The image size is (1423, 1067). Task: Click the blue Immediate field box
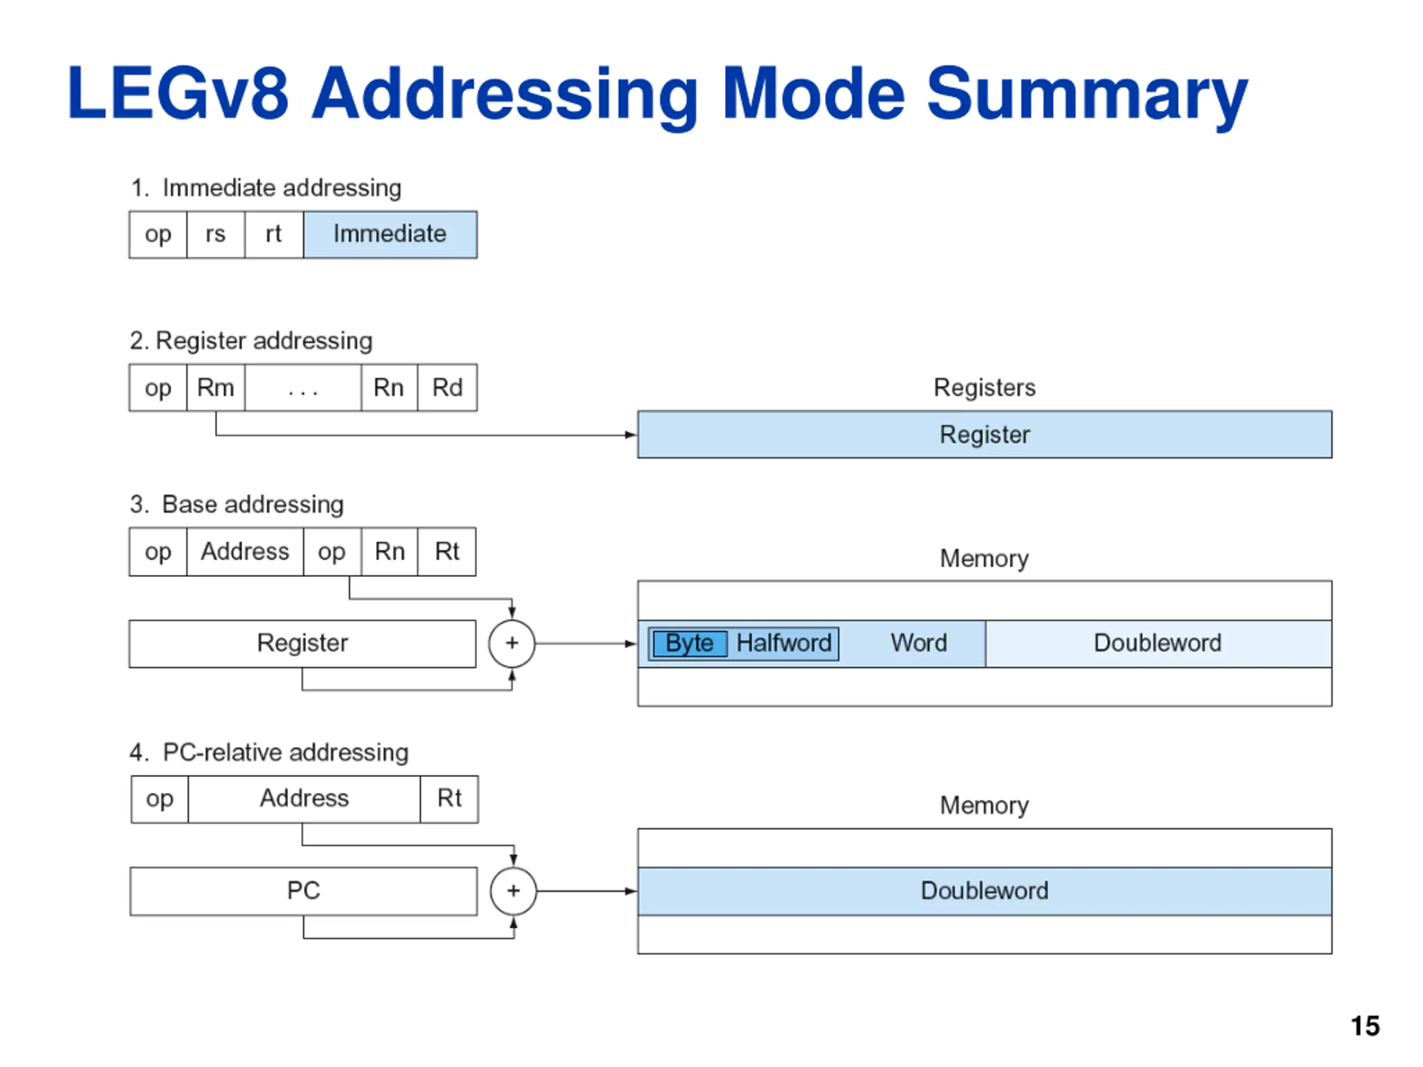390,235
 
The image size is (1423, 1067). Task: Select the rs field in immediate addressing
216,235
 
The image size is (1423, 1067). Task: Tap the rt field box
274,235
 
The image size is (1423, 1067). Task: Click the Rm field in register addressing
216,388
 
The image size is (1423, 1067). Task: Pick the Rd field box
447,388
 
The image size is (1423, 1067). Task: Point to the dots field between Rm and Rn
303,388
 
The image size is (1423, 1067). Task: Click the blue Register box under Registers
985,435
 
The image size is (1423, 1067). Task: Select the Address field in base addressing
245,552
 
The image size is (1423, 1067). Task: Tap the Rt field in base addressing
447,552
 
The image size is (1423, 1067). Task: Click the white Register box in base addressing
302,644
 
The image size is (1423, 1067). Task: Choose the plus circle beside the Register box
512,644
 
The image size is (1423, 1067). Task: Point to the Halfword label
784,643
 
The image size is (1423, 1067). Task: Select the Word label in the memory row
919,643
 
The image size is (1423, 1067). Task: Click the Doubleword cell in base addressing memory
1158,644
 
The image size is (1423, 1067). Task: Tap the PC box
303,891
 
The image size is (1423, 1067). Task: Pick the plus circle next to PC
514,891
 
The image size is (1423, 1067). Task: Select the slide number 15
1365,1026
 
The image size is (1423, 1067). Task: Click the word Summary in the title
1087,94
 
